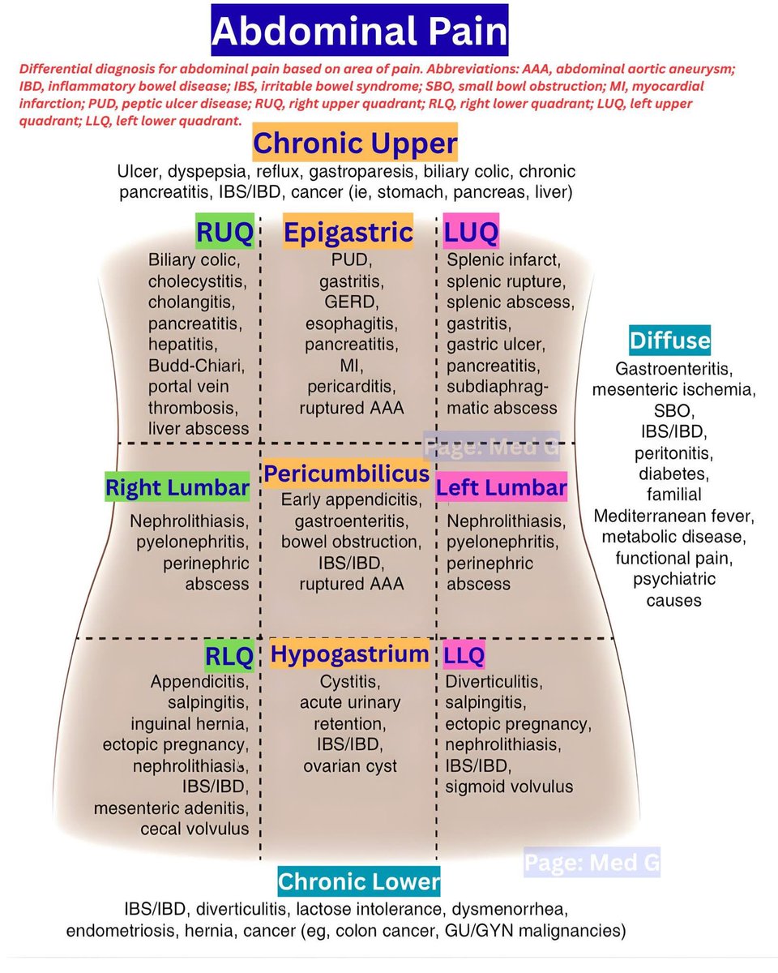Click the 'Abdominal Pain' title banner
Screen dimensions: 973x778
point(360,32)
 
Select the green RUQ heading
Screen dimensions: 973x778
point(224,234)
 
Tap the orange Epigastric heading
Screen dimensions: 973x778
point(348,233)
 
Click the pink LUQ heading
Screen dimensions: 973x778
point(471,234)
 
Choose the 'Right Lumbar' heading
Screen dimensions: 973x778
point(177,488)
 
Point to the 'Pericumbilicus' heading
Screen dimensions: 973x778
point(346,473)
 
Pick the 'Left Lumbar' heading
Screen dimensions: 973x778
point(501,488)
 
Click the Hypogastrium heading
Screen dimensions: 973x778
point(350,654)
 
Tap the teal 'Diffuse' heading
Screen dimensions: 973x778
point(669,341)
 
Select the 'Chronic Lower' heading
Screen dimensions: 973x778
point(358,881)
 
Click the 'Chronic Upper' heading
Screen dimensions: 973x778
point(355,144)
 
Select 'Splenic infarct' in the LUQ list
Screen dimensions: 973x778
point(503,260)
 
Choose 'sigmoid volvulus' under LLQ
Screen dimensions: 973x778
point(509,787)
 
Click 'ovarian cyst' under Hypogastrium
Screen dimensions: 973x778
point(350,765)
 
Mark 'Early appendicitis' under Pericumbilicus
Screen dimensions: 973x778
point(351,499)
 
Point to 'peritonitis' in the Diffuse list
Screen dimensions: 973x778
point(673,452)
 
